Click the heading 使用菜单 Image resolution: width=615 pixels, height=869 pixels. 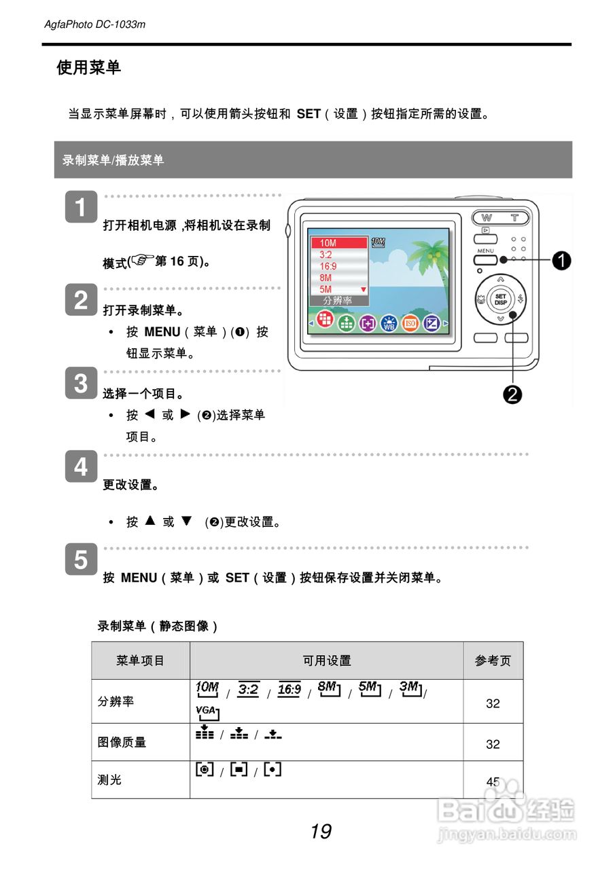(x=88, y=67)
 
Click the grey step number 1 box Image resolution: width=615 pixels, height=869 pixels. (x=81, y=207)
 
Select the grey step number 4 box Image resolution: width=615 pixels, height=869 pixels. (x=81, y=466)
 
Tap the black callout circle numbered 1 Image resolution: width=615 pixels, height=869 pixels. (x=561, y=259)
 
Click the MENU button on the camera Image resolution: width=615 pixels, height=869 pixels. (x=485, y=259)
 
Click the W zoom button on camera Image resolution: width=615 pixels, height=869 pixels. (x=487, y=218)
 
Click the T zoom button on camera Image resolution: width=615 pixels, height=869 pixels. (x=515, y=218)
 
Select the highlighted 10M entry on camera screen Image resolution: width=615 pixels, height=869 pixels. (x=338, y=243)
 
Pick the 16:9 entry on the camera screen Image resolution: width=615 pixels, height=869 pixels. (x=328, y=266)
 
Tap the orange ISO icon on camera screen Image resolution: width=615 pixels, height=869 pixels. (x=410, y=324)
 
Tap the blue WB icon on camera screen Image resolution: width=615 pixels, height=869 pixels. (x=389, y=324)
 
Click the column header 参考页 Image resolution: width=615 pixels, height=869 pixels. (x=493, y=661)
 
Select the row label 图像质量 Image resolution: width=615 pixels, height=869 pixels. (x=122, y=742)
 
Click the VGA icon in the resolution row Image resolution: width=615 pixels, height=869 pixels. (x=207, y=712)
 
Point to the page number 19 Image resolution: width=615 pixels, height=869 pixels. (x=321, y=831)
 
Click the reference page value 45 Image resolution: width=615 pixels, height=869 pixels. (x=493, y=781)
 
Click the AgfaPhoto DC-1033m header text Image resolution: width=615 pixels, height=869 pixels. (x=95, y=24)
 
